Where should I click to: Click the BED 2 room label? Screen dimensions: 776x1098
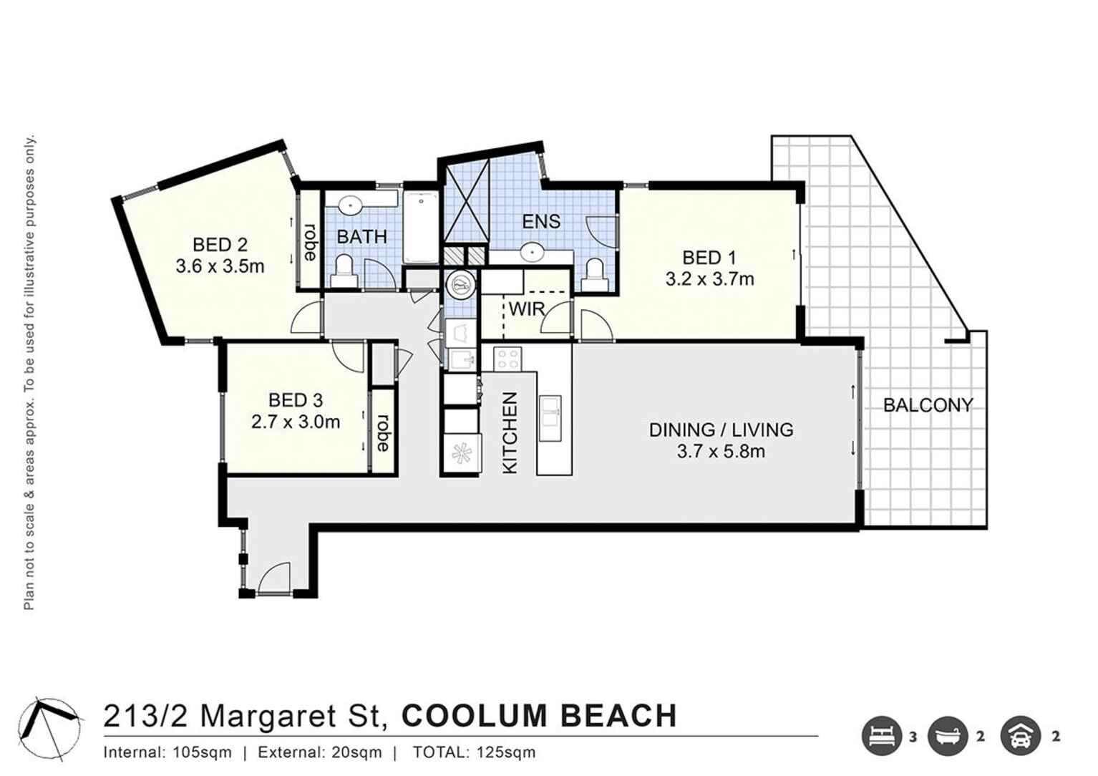(220, 245)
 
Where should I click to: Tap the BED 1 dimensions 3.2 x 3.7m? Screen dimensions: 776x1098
(709, 279)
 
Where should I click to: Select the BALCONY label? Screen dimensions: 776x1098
(928, 405)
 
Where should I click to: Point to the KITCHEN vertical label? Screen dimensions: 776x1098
(510, 432)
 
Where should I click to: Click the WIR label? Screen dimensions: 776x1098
(527, 310)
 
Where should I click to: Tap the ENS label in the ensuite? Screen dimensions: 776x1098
(541, 221)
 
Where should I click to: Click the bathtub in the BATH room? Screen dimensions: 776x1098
(420, 228)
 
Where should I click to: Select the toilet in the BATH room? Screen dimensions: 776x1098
(344, 272)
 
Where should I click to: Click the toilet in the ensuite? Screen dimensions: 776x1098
(594, 275)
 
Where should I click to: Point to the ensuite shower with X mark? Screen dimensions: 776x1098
(467, 201)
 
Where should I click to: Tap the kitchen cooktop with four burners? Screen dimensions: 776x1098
(507, 358)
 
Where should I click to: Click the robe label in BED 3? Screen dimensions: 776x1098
(384, 432)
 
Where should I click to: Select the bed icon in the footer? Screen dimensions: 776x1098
(881, 736)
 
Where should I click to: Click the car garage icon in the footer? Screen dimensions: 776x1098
(1021, 736)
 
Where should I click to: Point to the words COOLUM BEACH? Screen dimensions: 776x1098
(539, 716)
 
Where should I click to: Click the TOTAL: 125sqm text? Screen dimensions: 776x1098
(474, 752)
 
